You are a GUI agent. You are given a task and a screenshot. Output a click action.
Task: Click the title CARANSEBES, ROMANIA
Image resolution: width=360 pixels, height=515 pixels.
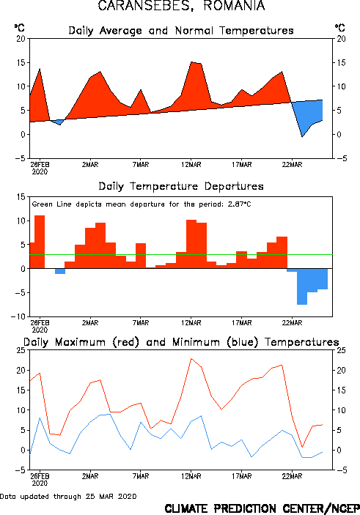pyautogui.click(x=181, y=6)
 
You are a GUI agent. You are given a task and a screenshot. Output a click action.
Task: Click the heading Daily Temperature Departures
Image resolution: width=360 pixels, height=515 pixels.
pyautogui.click(x=181, y=186)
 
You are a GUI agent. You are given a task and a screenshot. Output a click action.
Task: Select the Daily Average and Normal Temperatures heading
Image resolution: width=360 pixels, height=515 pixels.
pyautogui.click(x=181, y=31)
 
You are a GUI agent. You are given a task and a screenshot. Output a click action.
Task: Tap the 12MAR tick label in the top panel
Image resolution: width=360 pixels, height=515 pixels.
pyautogui.click(x=191, y=165)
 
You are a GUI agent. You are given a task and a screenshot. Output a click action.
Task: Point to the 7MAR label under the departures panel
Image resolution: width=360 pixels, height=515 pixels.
pyautogui.click(x=141, y=323)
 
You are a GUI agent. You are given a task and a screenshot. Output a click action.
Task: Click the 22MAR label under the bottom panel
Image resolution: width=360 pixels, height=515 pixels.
pyautogui.click(x=292, y=476)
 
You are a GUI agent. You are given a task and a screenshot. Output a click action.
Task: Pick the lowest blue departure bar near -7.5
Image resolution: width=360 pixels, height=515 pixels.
pyautogui.click(x=302, y=286)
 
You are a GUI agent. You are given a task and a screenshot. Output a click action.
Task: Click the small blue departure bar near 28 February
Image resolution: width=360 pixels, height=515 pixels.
pyautogui.click(x=60, y=271)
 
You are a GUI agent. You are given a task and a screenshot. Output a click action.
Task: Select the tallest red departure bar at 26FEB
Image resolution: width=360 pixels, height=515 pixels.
pyautogui.click(x=40, y=242)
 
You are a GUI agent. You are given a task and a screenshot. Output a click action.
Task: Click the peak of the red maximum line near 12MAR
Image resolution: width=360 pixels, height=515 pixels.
pyautogui.click(x=191, y=359)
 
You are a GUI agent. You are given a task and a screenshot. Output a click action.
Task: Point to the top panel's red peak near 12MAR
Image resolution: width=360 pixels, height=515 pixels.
pyautogui.click(x=191, y=62)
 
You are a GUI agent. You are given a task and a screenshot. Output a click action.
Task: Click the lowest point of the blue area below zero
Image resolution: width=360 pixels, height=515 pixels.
pyautogui.click(x=302, y=137)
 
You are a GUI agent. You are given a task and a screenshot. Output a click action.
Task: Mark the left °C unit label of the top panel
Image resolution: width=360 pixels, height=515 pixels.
pyautogui.click(x=19, y=28)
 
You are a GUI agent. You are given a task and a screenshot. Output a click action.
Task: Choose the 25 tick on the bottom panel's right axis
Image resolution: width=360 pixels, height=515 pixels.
pyautogui.click(x=341, y=350)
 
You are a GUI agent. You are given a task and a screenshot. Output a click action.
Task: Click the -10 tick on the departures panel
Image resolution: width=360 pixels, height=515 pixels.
pyautogui.click(x=18, y=316)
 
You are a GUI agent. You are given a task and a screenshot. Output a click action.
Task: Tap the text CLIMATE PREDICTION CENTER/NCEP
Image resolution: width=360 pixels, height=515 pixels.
pyautogui.click(x=262, y=508)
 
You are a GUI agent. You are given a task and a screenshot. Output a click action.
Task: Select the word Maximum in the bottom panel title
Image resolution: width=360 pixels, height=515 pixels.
pyautogui.click(x=80, y=342)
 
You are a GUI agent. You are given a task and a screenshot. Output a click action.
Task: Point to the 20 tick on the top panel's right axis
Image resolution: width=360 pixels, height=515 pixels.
pyautogui.click(x=341, y=39)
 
